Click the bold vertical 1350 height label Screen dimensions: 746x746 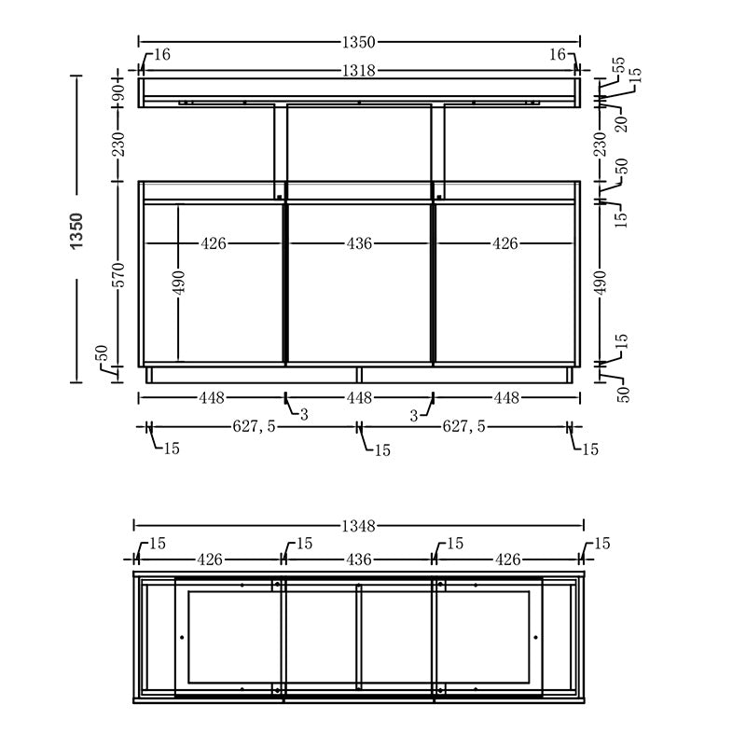tap(76, 229)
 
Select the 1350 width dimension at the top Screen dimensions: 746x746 tap(359, 42)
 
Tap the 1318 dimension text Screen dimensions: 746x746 tap(359, 70)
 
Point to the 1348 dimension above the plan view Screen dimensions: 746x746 tap(359, 527)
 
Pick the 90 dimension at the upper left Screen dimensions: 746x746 tap(118, 92)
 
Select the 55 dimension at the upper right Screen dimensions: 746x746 tap(618, 66)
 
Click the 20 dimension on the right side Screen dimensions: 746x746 tap(620, 122)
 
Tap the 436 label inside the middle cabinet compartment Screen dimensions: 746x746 tap(359, 243)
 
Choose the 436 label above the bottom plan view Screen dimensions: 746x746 tap(359, 559)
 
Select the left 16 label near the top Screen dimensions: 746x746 tap(160, 55)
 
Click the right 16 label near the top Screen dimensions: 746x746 tap(557, 55)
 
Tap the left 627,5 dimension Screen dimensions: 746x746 tap(253, 427)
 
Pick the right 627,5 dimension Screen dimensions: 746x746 tap(463, 427)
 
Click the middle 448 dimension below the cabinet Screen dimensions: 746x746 tap(359, 398)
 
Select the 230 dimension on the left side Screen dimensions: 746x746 tap(118, 145)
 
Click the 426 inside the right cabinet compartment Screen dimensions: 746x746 tap(505, 243)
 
